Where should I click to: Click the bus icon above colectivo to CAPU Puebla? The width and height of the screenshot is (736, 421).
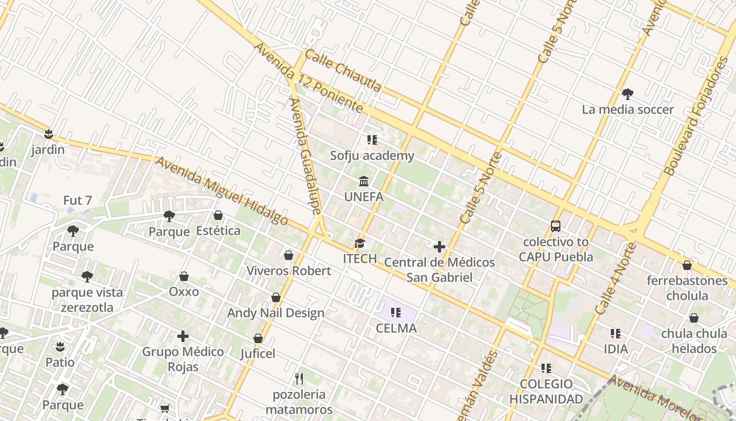(x=556, y=226)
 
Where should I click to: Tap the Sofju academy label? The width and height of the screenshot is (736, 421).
(x=372, y=156)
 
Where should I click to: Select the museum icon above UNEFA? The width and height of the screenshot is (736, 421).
(x=363, y=182)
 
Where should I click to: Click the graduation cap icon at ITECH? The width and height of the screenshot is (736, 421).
(x=360, y=243)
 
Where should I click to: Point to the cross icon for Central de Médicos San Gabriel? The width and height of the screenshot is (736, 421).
(x=439, y=246)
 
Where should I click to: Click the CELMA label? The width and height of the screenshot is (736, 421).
(x=396, y=328)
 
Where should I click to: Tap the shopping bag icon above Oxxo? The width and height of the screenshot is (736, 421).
(x=184, y=276)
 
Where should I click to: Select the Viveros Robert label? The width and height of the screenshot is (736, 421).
(x=289, y=271)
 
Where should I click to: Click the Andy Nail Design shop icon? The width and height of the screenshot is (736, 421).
(x=276, y=298)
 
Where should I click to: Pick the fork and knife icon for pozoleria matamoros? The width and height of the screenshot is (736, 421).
(x=299, y=378)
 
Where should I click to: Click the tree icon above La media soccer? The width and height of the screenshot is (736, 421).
(x=627, y=94)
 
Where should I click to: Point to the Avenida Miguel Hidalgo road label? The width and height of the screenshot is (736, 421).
(x=222, y=191)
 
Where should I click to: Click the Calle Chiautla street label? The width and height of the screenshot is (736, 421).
(x=343, y=71)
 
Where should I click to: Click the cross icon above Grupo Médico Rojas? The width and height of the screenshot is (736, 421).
(x=183, y=336)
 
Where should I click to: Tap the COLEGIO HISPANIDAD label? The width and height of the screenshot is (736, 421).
(x=546, y=392)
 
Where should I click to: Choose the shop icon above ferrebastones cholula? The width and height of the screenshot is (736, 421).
(x=687, y=265)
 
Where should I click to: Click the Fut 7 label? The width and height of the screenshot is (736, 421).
(x=78, y=201)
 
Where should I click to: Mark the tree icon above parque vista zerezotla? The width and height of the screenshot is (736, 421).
(x=87, y=277)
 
